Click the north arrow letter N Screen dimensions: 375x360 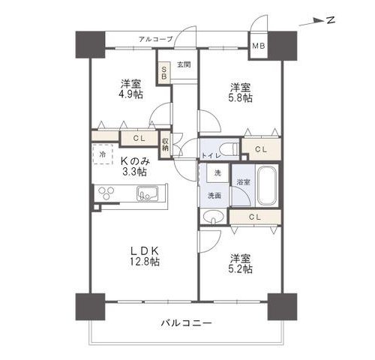pos(331,20)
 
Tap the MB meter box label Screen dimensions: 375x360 pos(258,46)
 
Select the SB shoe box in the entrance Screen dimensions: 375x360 pos(164,73)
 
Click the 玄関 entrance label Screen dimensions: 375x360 pos(184,64)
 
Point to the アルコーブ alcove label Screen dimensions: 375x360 pos(156,39)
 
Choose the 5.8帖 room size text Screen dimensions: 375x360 pos(240,98)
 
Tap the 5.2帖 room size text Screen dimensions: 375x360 pos(240,269)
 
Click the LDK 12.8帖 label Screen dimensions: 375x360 pos(145,256)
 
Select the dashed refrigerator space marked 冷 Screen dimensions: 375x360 pos(103,154)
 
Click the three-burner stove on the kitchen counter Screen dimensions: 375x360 pos(106,193)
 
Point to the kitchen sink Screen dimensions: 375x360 pos(148,193)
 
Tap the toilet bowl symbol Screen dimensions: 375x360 pos(232,148)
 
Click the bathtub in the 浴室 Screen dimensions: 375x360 pos(267,185)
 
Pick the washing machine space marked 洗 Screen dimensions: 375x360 pos(217,172)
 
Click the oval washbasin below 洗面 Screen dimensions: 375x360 pos(213,217)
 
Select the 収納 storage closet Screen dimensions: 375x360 pos(165,145)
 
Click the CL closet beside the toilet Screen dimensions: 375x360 pos(262,149)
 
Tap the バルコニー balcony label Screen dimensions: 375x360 pos(186,323)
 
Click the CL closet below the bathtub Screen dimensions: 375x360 pos(255,217)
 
